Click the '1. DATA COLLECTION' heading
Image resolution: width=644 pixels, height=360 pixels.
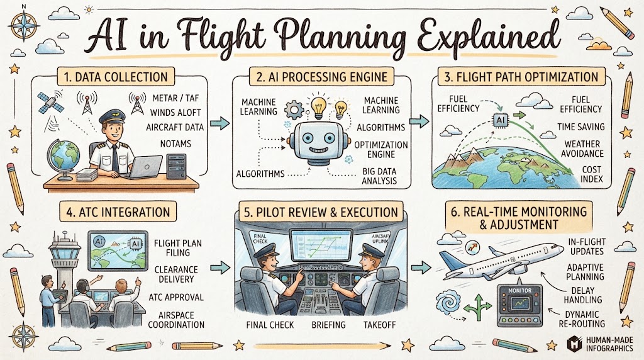(x=116, y=77)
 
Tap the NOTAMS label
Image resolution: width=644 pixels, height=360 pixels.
(x=175, y=143)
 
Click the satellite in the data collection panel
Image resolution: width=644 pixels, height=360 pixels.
(x=50, y=103)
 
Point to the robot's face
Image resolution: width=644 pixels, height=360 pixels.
(x=318, y=142)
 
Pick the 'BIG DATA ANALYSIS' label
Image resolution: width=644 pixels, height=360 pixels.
(x=379, y=176)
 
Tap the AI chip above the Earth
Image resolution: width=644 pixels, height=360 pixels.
(x=500, y=120)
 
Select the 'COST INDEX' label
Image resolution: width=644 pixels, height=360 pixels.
(x=591, y=174)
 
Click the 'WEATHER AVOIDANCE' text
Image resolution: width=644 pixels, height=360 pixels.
(x=582, y=149)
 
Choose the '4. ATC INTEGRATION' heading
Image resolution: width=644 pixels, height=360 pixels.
(x=118, y=212)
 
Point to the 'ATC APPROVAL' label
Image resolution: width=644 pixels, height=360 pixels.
(x=176, y=297)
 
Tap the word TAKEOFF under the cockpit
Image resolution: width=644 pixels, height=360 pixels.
(x=379, y=325)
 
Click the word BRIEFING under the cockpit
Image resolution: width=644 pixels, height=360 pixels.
(x=328, y=325)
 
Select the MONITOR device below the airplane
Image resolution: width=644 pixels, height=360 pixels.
(x=519, y=305)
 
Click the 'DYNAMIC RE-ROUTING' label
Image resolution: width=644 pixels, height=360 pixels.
(x=582, y=319)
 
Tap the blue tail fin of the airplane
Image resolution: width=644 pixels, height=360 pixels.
(x=450, y=260)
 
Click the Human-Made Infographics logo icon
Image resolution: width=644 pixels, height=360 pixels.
(x=575, y=344)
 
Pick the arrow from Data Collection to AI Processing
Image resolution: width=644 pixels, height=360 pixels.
(x=219, y=123)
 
